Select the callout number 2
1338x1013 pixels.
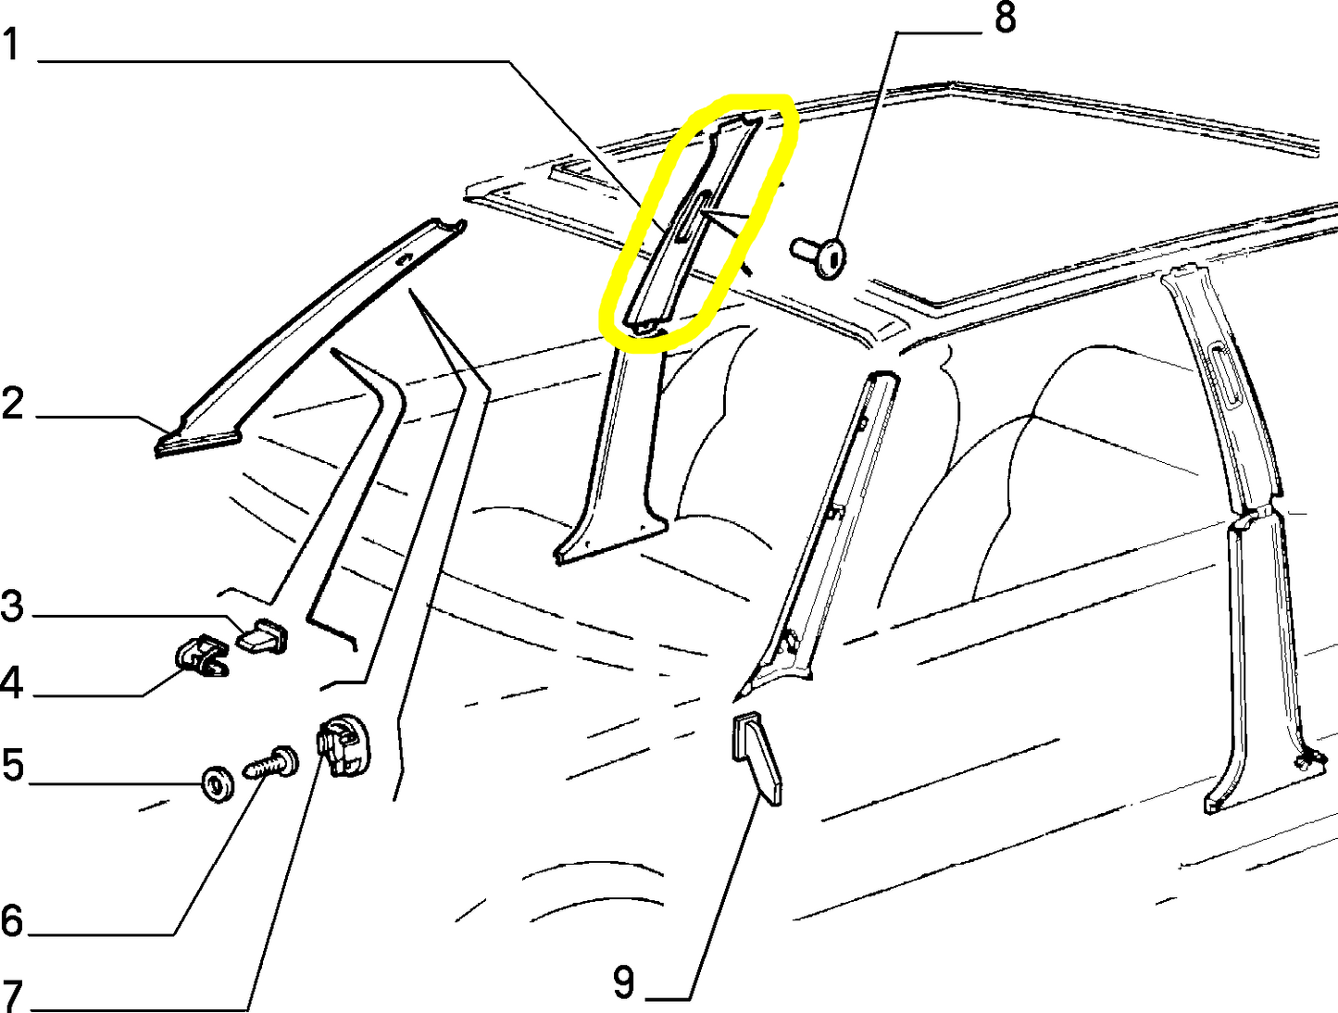[x=13, y=403]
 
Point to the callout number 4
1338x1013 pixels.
[x=12, y=682]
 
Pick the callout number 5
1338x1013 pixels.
[x=13, y=765]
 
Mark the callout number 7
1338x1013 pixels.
[x=12, y=996]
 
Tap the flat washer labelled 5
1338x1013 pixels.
[x=218, y=784]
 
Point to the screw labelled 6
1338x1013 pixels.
[x=271, y=762]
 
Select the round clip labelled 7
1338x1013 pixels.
[x=344, y=745]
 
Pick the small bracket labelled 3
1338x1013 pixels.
[x=263, y=636]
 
